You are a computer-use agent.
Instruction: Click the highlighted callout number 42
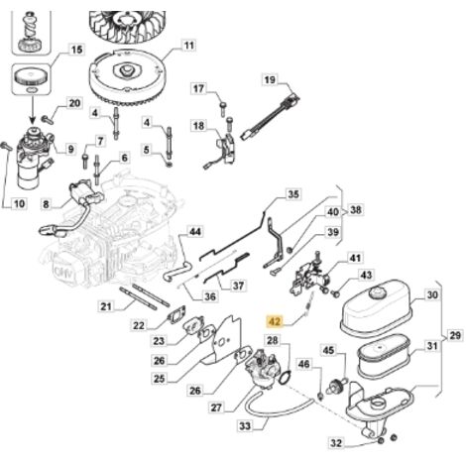point(275,321)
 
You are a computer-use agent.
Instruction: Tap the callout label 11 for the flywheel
point(188,46)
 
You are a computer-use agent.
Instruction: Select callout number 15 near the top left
point(76,50)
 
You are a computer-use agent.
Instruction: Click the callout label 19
point(270,80)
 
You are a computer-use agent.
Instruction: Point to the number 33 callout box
point(245,426)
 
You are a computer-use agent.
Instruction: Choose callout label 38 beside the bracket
point(356,210)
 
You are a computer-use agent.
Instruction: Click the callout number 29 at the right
point(455,336)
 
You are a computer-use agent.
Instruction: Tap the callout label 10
point(19,203)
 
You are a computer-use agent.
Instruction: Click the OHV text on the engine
point(63,273)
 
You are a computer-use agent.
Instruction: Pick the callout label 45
point(328,350)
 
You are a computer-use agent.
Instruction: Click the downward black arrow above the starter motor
point(33,108)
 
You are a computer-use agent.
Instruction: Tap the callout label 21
point(106,306)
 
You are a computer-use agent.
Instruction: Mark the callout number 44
point(194,232)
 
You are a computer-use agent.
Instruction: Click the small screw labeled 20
point(48,119)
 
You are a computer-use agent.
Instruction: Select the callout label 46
point(303,364)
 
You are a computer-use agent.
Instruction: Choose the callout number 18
point(198,126)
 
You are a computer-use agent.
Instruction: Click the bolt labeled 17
point(223,108)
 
